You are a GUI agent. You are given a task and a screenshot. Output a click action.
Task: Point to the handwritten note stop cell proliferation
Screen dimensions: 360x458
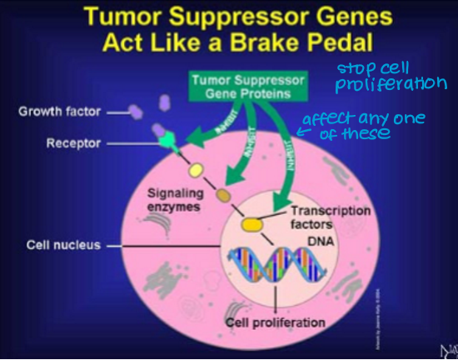coord(390,77)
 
